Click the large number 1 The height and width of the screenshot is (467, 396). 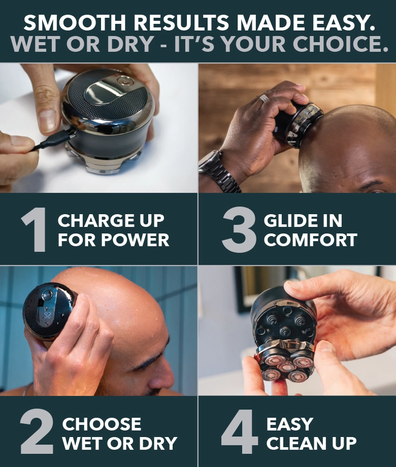point(34,230)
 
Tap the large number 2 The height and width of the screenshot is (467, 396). point(37,433)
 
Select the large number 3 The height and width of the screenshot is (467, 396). point(239,230)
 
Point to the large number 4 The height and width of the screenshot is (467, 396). point(240,433)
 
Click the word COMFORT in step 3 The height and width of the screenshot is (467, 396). point(310,240)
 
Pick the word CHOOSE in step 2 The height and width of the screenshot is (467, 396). point(102,424)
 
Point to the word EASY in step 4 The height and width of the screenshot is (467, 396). point(290,424)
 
